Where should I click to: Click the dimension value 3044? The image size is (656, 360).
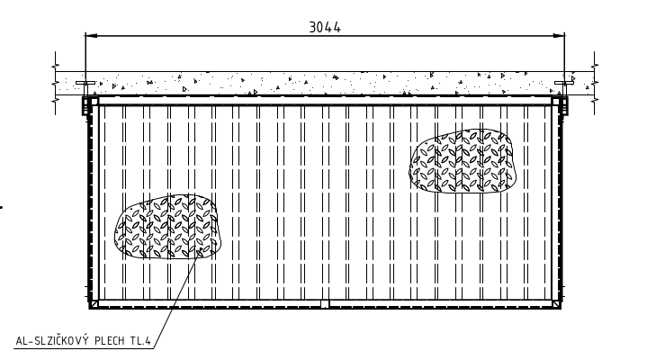(x=325, y=27)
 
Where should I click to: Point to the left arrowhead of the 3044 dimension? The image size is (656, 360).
(x=91, y=36)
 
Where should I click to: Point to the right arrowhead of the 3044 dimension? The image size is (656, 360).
(x=559, y=36)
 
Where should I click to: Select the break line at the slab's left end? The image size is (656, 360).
(x=55, y=83)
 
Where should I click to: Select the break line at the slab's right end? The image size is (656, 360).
(x=595, y=83)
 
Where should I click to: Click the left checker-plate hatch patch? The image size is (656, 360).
(x=167, y=227)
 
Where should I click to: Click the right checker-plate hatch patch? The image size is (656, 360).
(x=463, y=161)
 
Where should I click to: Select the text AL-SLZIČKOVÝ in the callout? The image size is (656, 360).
(x=52, y=340)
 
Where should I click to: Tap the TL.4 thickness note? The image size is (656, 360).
(x=140, y=341)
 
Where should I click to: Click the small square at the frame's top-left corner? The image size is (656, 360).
(x=94, y=102)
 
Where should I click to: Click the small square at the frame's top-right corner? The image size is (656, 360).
(x=556, y=102)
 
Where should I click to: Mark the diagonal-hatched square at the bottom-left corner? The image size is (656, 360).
(x=94, y=303)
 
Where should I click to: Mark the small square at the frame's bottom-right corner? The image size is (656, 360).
(x=556, y=303)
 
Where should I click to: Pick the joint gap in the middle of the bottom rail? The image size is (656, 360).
(x=325, y=303)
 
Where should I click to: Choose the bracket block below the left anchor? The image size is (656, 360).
(x=85, y=106)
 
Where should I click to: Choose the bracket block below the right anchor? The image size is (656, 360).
(x=564, y=106)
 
